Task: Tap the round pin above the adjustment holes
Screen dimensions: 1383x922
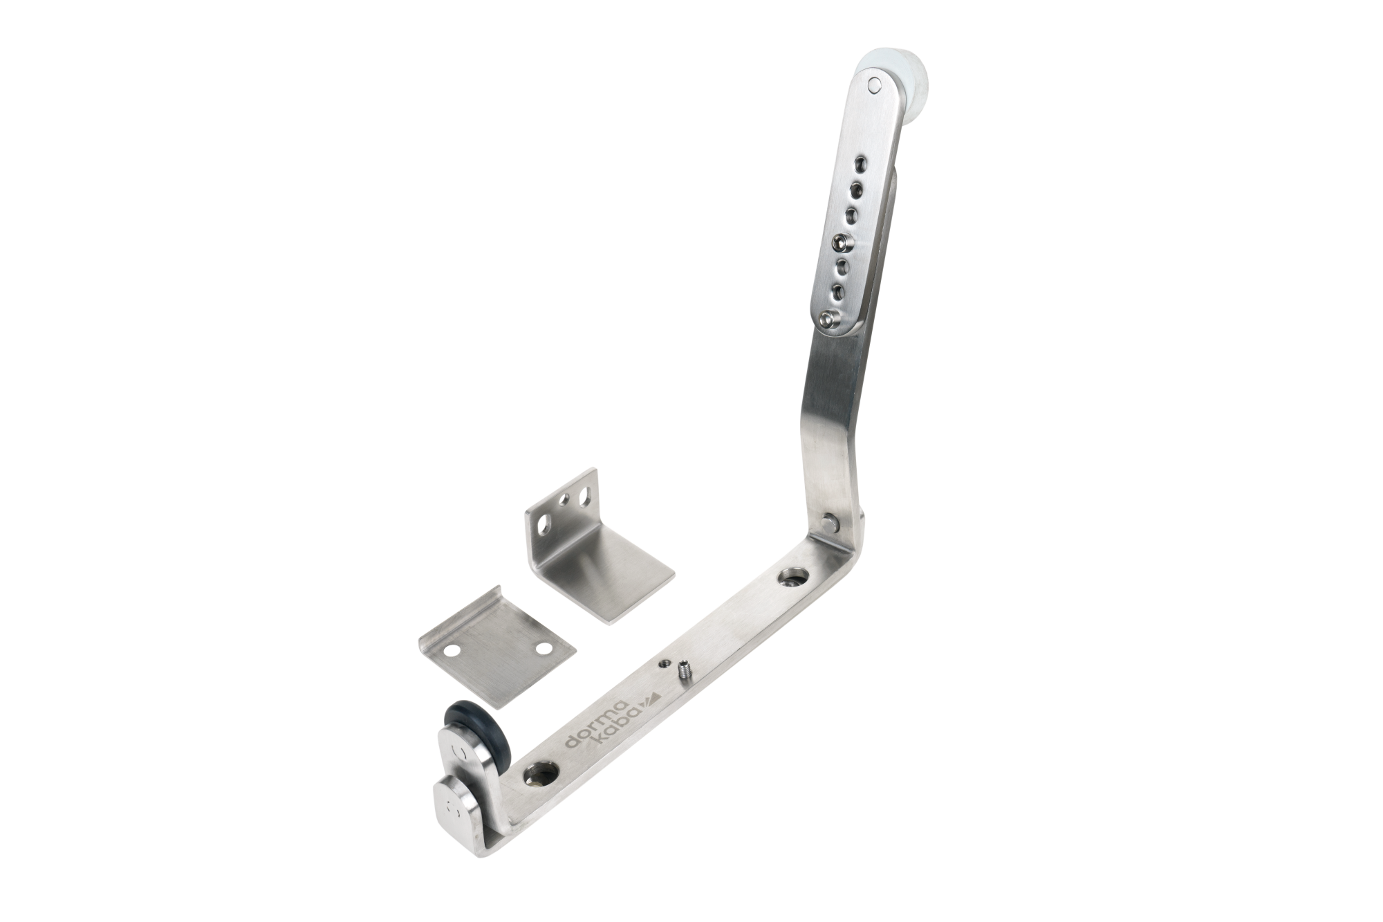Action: click(875, 86)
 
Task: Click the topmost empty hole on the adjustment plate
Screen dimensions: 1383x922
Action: click(860, 164)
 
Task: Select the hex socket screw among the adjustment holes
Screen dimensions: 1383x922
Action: click(842, 243)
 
